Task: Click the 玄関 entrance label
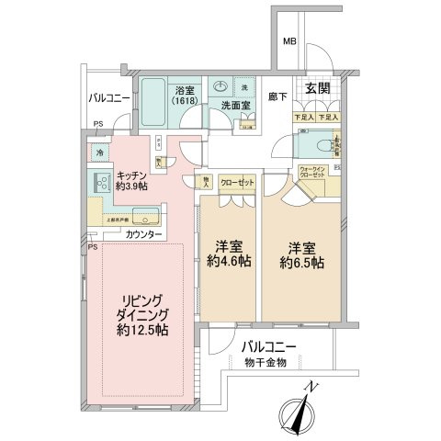click(x=317, y=88)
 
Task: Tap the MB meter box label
click(x=288, y=42)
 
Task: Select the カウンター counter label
click(x=142, y=235)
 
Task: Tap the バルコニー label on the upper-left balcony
click(x=109, y=96)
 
